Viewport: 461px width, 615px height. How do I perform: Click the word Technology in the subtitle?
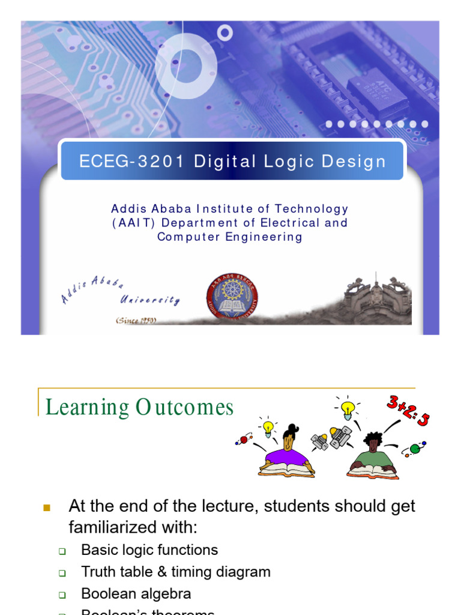coord(312,209)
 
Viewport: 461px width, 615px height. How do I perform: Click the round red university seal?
coord(232,296)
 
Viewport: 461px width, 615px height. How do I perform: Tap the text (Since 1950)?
coord(136,321)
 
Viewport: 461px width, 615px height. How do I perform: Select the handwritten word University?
coord(149,298)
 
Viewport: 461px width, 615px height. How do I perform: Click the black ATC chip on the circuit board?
coord(378,91)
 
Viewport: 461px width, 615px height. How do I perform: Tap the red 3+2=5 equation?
coord(408,412)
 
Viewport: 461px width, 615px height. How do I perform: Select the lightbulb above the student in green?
coord(347,408)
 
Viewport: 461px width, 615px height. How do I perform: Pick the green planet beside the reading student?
coord(414,449)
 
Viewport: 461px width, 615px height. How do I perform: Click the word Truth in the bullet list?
coord(98,572)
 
